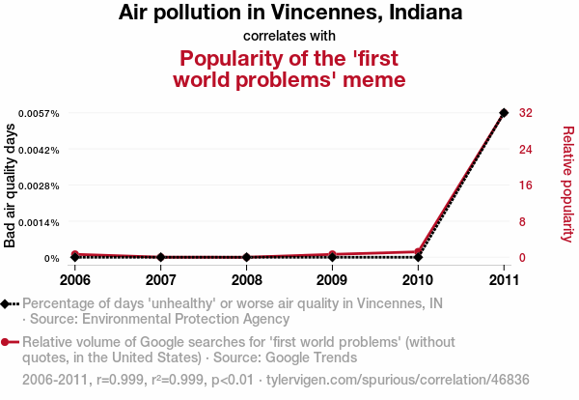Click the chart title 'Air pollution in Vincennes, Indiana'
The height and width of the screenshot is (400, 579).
point(289,14)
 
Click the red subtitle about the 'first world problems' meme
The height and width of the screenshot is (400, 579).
point(289,68)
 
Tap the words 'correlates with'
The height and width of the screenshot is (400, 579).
point(289,37)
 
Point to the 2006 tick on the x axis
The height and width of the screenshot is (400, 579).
point(74,280)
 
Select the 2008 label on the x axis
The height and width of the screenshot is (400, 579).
point(246,280)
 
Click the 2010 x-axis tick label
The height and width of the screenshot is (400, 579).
point(418,280)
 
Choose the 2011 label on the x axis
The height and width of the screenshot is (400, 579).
point(504,280)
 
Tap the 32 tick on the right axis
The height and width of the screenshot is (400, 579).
point(526,113)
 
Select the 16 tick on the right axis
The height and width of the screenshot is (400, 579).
point(526,186)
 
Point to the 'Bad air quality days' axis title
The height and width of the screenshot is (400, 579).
point(11,186)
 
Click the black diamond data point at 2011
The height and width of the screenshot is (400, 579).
point(504,113)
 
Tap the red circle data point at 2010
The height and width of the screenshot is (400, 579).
point(418,252)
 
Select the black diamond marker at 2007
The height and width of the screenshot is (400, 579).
point(160,257)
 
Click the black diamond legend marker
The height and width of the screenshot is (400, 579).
point(6,303)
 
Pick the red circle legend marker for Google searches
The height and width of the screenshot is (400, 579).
point(6,342)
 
